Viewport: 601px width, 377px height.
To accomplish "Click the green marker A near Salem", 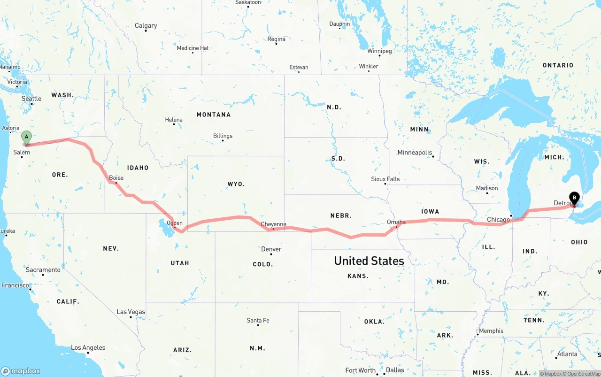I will pyautogui.click(x=27, y=137).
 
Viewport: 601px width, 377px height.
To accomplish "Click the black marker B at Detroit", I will pyautogui.click(x=574, y=198).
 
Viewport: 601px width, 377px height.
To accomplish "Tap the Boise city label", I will pyautogui.click(x=116, y=178).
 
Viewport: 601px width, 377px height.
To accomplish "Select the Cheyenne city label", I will pyautogui.click(x=273, y=224).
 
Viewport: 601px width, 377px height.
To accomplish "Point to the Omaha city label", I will pyautogui.click(x=396, y=222).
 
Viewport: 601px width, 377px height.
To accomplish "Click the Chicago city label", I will pyautogui.click(x=498, y=220).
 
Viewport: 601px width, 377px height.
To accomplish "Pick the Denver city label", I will pyautogui.click(x=271, y=249).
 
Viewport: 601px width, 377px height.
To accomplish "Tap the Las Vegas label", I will pyautogui.click(x=131, y=312).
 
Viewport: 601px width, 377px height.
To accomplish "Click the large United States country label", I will pyautogui.click(x=369, y=261).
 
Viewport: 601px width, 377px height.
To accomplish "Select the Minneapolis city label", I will pyautogui.click(x=415, y=153).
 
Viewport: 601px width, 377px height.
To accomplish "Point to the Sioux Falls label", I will pyautogui.click(x=385, y=179).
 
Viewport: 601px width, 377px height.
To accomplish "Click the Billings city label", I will pyautogui.click(x=223, y=136).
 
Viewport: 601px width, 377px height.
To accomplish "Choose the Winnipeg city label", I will pyautogui.click(x=379, y=51).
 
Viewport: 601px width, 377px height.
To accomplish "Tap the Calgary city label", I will pyautogui.click(x=146, y=26).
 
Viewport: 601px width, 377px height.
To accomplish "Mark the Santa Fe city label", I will pyautogui.click(x=258, y=321).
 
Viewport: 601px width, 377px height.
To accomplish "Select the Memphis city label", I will pyautogui.click(x=491, y=331).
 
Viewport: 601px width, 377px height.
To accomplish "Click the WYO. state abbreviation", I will pyautogui.click(x=236, y=184).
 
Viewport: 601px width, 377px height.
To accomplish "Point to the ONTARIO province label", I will pyautogui.click(x=558, y=65).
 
